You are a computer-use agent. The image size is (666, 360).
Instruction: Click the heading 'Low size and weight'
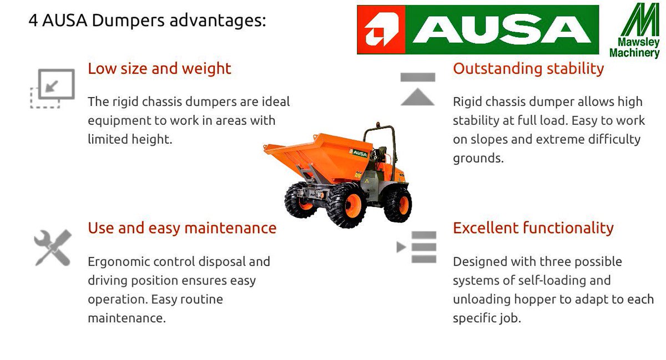pos(159,69)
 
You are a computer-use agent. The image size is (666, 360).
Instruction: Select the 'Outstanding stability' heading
pos(528,69)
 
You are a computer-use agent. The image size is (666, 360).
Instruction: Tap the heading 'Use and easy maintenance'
pos(182,229)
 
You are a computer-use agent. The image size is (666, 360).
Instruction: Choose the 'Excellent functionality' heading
pos(533,229)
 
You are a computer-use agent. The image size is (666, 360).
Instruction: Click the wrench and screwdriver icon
pos(53,247)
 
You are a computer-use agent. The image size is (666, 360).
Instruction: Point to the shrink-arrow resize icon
pos(53,89)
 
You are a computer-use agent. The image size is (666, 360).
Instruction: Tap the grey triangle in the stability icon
pos(417,97)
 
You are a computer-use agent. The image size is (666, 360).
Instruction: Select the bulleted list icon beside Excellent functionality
pos(417,247)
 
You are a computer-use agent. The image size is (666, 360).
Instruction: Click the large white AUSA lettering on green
pos(502,29)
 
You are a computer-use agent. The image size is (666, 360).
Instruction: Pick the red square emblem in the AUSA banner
pos(381,30)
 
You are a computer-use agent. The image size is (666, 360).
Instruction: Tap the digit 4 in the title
pos(33,21)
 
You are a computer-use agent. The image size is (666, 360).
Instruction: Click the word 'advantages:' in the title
pos(218,21)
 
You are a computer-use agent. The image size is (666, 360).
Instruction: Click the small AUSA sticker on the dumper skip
pos(359,153)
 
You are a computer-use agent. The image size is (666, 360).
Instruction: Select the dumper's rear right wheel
pos(398,205)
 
